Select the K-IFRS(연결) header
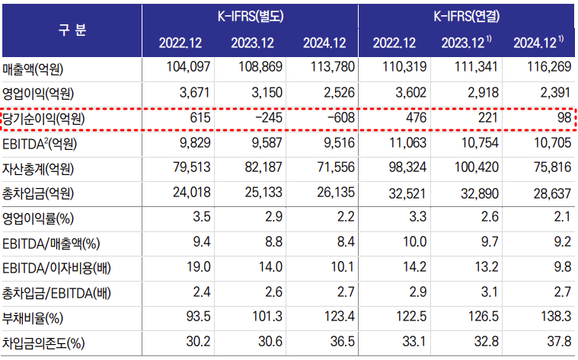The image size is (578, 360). pos(468,15)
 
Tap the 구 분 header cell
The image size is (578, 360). pos(72,30)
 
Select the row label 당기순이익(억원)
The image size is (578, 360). pos(41,119)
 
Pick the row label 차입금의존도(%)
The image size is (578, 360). pos(43,343)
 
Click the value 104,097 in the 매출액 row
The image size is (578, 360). pos(187,69)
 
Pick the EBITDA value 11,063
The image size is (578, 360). pos(402,144)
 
